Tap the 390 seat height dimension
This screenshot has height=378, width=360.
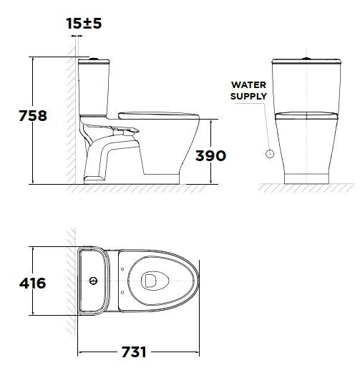tap(210, 155)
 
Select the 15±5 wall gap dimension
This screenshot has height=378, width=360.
tap(84, 24)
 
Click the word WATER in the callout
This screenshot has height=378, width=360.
tap(248, 84)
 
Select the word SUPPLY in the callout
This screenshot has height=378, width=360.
tap(248, 96)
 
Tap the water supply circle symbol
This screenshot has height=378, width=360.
tap(270, 153)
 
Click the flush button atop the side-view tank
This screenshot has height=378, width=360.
tap(92, 57)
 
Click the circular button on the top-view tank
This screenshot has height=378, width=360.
tap(94, 280)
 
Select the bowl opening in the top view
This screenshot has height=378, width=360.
tap(152, 281)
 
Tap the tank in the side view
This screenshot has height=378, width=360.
tap(94, 86)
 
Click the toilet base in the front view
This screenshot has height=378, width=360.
tap(306, 174)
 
